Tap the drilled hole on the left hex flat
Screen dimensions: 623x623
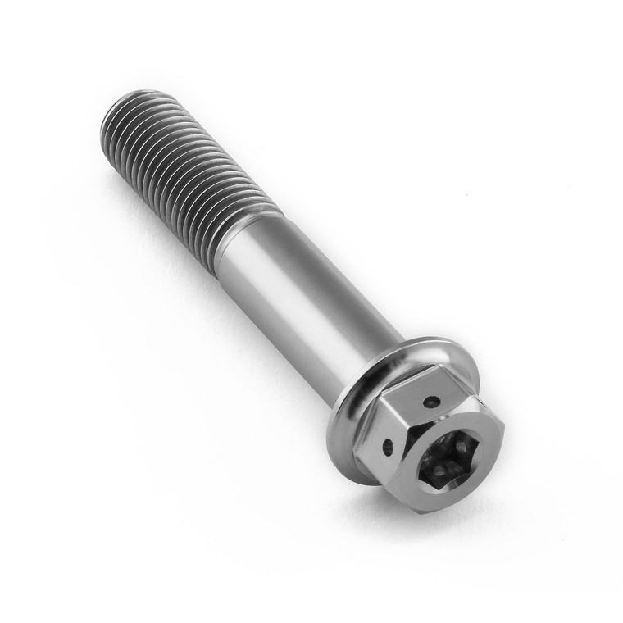click(389, 447)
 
